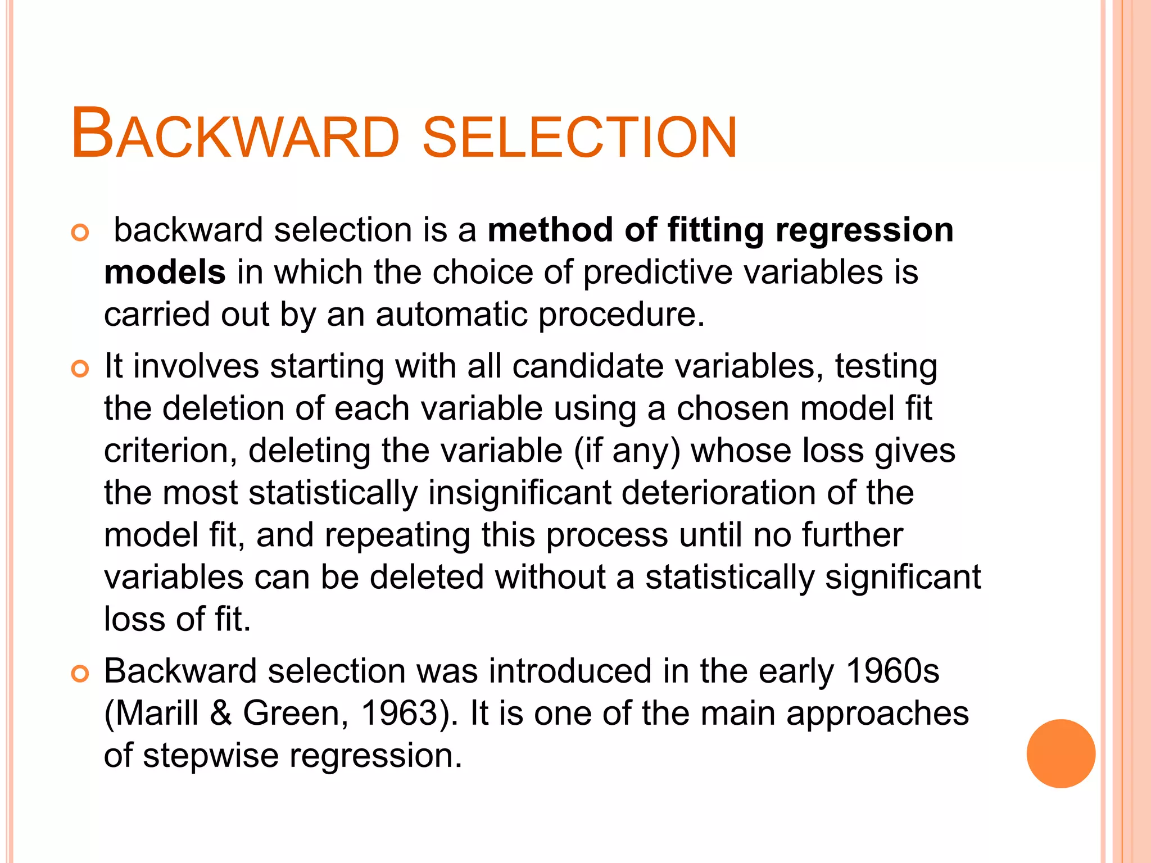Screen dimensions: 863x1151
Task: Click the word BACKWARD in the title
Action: pyautogui.click(x=235, y=135)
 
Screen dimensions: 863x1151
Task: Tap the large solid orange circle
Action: pyautogui.click(x=1061, y=753)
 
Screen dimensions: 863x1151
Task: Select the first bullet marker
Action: pyautogui.click(x=80, y=233)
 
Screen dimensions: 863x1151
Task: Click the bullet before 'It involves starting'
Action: pyautogui.click(x=80, y=369)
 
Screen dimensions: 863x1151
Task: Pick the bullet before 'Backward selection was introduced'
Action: pyautogui.click(x=80, y=673)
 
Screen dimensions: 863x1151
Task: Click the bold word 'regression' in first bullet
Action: pyautogui.click(x=864, y=230)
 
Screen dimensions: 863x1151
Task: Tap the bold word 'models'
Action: pyautogui.click(x=165, y=272)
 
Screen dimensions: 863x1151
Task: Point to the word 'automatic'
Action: pyautogui.click(x=451, y=314)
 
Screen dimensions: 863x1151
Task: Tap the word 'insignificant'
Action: pyautogui.click(x=520, y=493)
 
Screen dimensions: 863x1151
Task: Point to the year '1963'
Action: pyautogui.click(x=399, y=713)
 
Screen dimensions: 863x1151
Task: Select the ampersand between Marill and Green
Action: pyautogui.click(x=221, y=713)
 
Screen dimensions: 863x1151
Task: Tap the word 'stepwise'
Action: pyautogui.click(x=211, y=756)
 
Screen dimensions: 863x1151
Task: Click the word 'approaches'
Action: pyautogui.click(x=877, y=714)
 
